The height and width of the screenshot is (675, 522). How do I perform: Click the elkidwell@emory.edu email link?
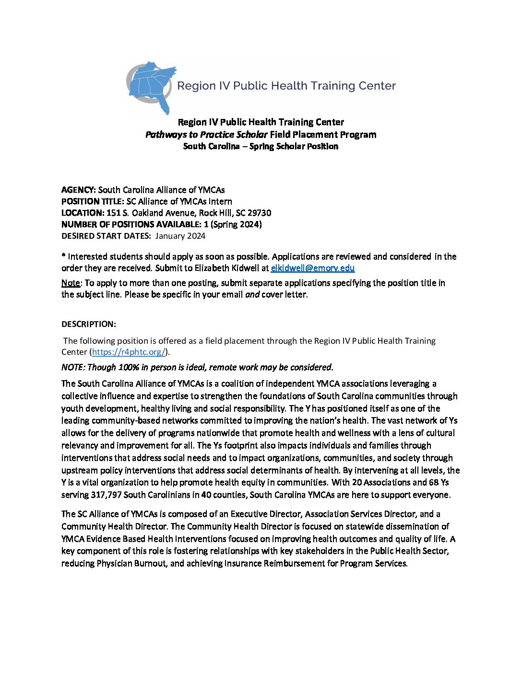(312, 268)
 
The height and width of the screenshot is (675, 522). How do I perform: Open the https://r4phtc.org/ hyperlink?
(129, 352)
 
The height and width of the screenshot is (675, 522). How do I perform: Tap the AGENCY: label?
(79, 190)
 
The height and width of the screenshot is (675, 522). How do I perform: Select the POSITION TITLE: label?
(93, 201)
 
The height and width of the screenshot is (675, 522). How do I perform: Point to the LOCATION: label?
(83, 213)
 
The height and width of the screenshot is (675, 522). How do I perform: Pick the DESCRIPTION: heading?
(89, 324)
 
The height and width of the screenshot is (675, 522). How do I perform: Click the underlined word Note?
(71, 283)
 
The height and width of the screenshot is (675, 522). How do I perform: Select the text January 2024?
(180, 236)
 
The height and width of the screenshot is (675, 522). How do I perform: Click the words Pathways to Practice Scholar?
(206, 135)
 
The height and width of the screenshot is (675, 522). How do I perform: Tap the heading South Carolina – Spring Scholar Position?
(261, 147)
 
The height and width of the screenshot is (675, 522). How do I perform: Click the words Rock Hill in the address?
(215, 213)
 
